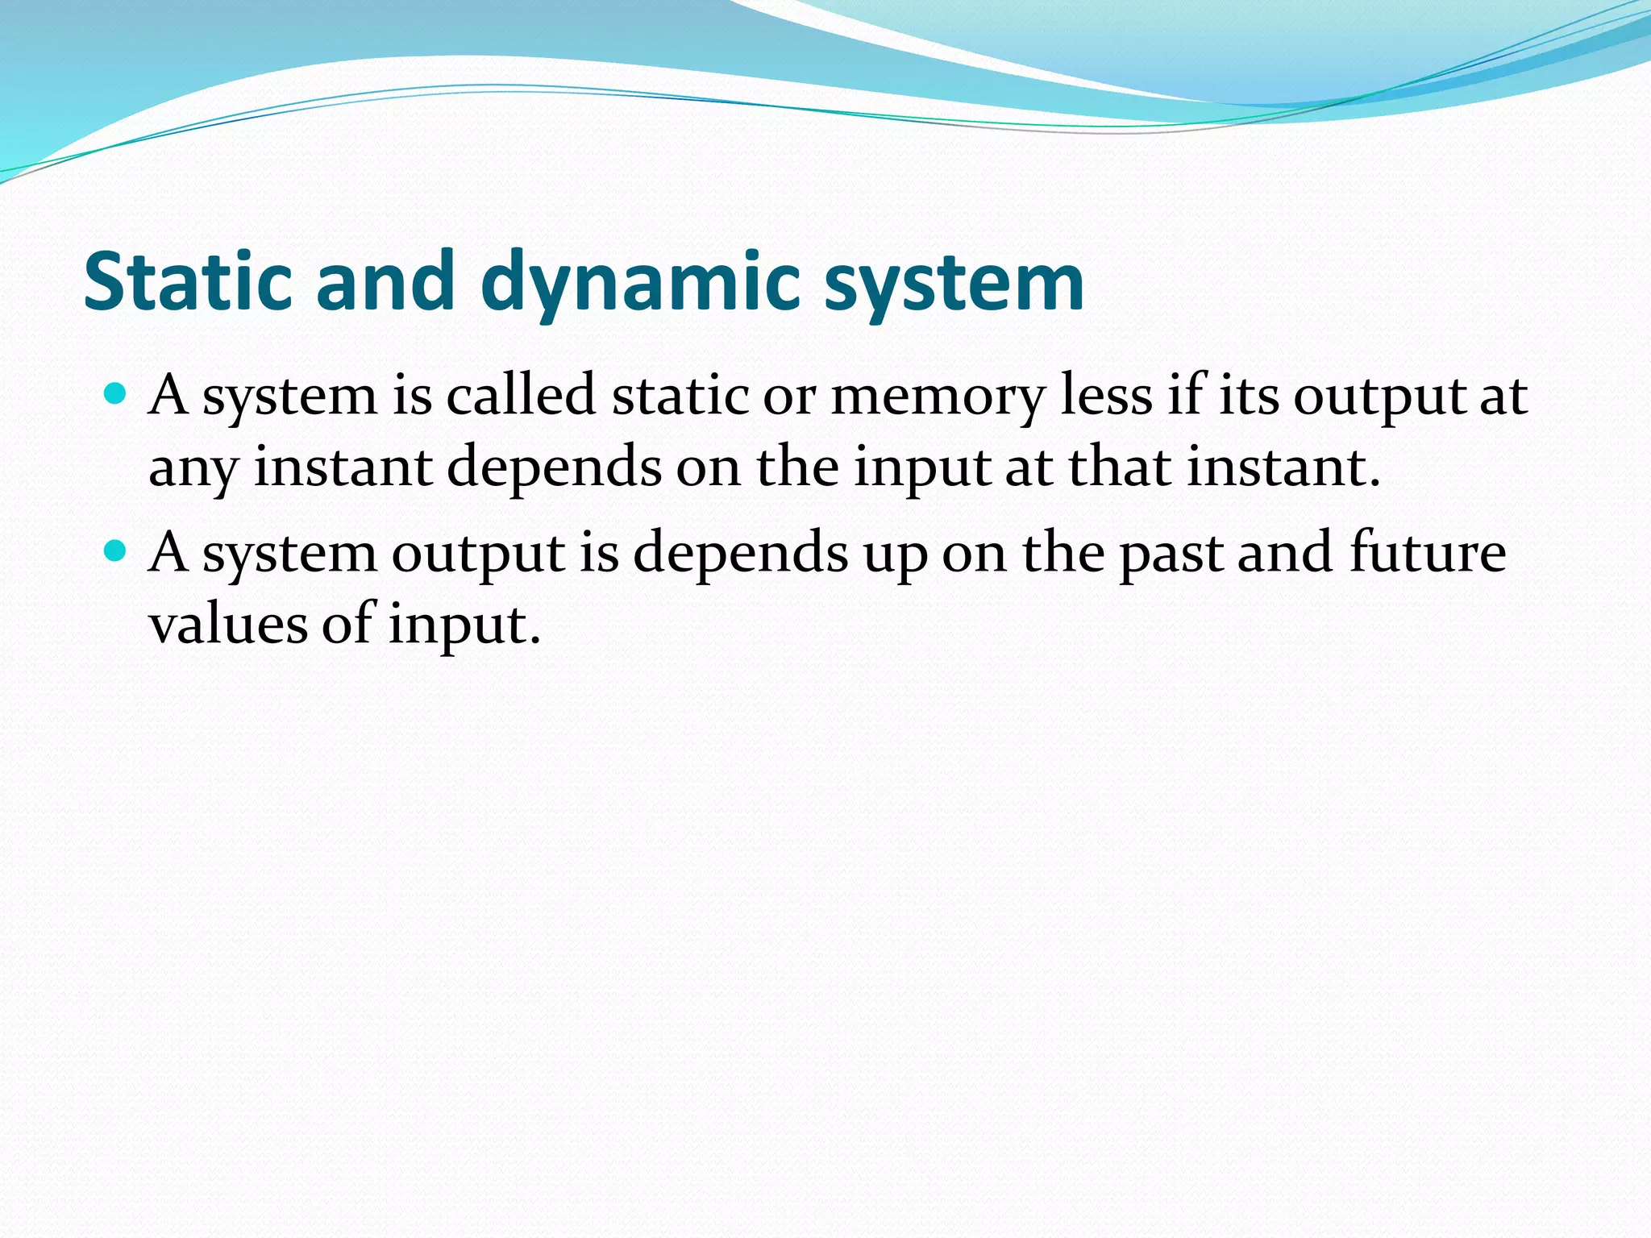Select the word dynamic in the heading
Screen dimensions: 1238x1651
coord(640,282)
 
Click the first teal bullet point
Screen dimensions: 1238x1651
coord(116,394)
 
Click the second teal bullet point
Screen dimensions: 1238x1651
coord(116,550)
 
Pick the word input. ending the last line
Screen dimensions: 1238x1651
coord(464,625)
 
